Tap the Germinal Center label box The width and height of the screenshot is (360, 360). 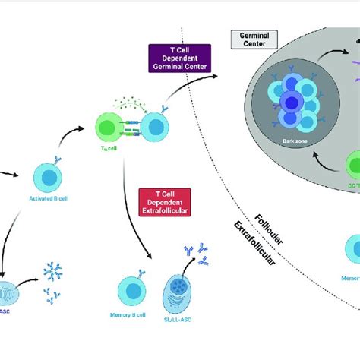point(251,39)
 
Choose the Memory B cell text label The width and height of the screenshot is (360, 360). point(131,331)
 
